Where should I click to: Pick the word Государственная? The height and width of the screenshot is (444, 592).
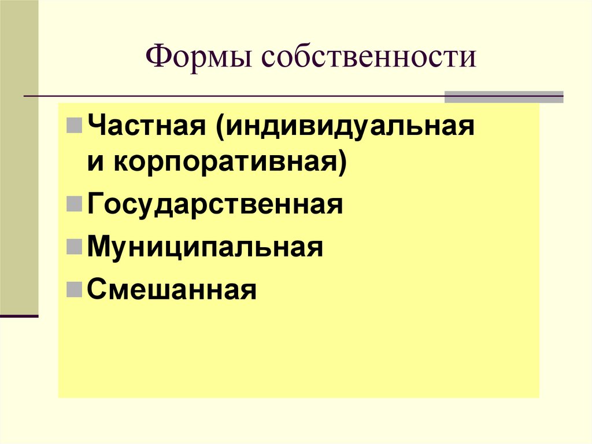[x=215, y=205]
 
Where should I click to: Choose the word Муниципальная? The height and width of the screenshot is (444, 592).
[x=205, y=247]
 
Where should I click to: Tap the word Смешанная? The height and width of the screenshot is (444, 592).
[x=172, y=289]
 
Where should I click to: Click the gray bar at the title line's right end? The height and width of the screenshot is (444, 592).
[x=504, y=97]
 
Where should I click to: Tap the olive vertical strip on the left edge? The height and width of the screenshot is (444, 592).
[x=19, y=156]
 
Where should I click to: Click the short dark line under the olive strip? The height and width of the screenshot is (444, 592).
[x=19, y=316]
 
